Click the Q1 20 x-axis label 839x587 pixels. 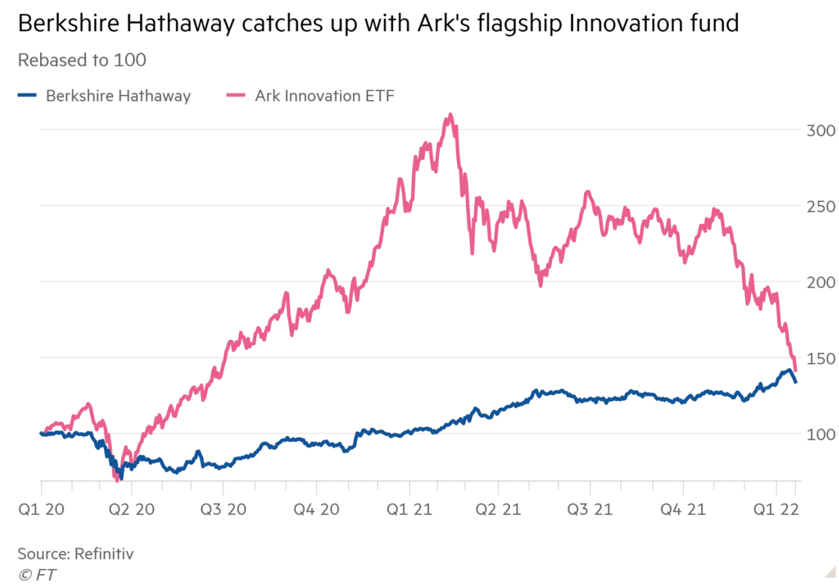[42, 509]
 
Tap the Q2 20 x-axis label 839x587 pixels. [133, 509]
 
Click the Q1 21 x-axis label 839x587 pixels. [407, 509]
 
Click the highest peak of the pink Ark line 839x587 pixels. [450, 116]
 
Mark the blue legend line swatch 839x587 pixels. [28, 96]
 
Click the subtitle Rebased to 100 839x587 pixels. [82, 60]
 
